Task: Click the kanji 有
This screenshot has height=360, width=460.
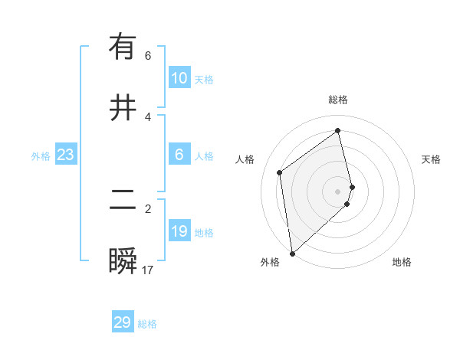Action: click(123, 47)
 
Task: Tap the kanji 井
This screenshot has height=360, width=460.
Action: click(123, 107)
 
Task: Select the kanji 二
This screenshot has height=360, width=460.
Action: click(123, 201)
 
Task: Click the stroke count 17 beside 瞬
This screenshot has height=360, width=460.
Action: click(148, 270)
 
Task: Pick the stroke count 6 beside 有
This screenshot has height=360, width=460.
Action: click(148, 56)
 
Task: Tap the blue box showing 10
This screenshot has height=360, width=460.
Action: click(179, 78)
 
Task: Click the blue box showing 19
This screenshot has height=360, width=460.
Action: click(179, 231)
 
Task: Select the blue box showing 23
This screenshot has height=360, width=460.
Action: click(65, 155)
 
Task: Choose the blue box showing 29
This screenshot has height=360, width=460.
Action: click(123, 322)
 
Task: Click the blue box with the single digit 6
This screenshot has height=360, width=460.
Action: click(179, 155)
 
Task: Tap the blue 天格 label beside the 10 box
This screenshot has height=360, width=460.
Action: click(204, 80)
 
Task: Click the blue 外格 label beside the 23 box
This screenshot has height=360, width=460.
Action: click(41, 156)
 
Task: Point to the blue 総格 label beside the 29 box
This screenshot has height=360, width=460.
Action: click(148, 324)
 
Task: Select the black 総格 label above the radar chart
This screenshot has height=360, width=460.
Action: click(338, 100)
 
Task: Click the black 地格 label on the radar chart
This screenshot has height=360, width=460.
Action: click(402, 262)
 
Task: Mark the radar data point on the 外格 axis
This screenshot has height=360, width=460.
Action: click(292, 253)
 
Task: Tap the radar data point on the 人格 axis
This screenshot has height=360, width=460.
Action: click(280, 172)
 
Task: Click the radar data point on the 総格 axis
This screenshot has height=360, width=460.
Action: click(338, 131)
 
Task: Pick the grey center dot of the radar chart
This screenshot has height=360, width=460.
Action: click(338, 191)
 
